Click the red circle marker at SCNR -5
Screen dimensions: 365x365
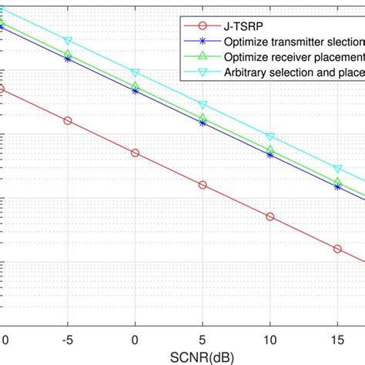tap(68, 121)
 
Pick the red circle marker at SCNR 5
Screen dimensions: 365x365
tap(203, 185)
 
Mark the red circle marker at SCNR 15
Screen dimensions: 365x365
tap(337, 249)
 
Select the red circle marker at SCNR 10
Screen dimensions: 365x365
tap(270, 216)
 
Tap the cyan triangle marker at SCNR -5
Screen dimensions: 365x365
tap(68, 40)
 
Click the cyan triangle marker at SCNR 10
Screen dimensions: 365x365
tap(270, 136)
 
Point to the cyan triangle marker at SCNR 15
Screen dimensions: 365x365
tap(337, 168)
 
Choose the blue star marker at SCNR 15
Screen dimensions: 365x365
tap(337, 186)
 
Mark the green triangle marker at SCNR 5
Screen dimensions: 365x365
tap(203, 118)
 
